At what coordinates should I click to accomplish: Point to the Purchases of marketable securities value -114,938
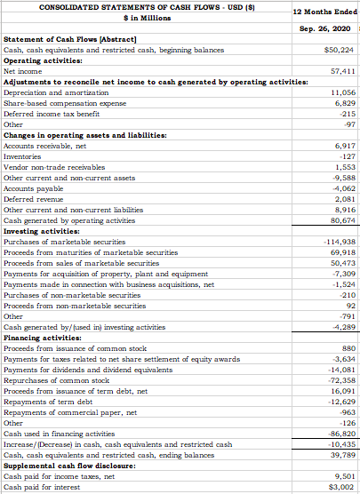pyautogui.click(x=339, y=242)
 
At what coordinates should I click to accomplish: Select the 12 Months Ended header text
pyautogui.click(x=324, y=11)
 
